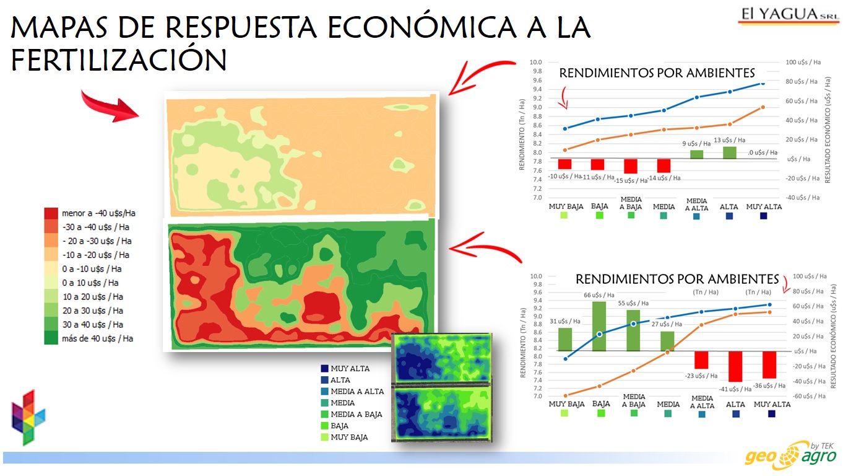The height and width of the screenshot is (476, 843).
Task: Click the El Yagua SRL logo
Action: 789,15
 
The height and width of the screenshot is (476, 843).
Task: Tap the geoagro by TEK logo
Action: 790,456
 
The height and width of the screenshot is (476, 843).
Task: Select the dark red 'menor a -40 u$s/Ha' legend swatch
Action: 51,213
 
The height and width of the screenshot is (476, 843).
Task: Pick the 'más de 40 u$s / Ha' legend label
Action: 97,338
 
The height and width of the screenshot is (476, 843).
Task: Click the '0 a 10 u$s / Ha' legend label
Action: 90,283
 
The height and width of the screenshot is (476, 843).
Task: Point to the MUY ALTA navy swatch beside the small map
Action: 324,369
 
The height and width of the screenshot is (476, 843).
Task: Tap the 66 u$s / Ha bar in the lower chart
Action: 599,327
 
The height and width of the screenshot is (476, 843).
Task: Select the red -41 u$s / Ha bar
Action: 735,366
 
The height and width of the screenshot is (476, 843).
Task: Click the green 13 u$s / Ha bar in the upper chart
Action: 729,152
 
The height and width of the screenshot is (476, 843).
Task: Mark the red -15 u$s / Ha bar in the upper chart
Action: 631,166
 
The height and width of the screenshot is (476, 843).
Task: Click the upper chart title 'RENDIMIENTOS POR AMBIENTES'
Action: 657,73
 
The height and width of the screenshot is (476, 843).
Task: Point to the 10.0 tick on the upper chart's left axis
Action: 535,62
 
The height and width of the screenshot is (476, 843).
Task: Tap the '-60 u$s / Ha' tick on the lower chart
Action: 810,396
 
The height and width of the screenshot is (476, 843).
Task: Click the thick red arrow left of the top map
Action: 109,107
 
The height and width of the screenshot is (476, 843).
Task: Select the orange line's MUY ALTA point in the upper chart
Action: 763,107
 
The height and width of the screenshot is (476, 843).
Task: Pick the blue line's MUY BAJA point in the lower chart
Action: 566,359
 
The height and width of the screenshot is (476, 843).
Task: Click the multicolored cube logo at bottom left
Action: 28,417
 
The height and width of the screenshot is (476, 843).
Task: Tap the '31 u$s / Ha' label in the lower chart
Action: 565,321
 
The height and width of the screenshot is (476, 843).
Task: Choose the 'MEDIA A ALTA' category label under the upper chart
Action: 696,205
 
